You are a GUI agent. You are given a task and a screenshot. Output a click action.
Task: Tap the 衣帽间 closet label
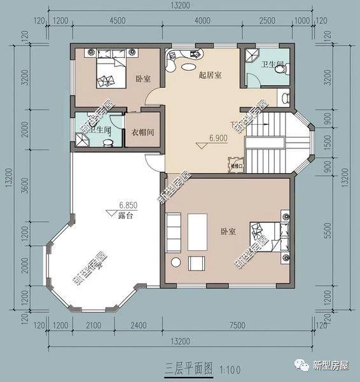click(x=143, y=132)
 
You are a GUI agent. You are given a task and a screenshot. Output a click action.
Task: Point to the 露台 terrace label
click(x=125, y=216)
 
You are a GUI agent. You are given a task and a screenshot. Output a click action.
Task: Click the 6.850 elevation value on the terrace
click(x=128, y=205)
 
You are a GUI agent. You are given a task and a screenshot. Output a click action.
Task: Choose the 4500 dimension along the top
click(x=118, y=20)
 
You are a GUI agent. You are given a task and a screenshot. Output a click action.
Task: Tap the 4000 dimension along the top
click(x=202, y=20)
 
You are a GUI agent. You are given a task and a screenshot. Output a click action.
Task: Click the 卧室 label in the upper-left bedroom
click(x=143, y=79)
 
